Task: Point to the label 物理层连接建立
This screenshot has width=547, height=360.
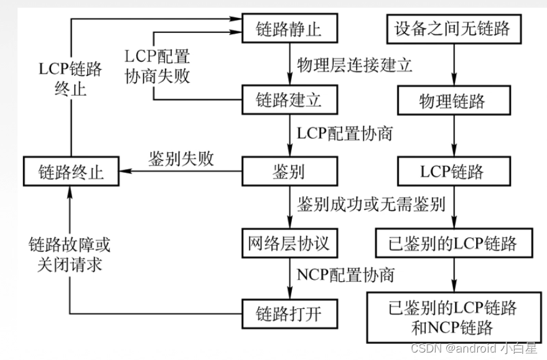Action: (x=355, y=65)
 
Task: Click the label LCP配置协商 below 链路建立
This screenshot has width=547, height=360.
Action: (x=345, y=134)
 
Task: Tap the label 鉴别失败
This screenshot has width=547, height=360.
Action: (x=181, y=159)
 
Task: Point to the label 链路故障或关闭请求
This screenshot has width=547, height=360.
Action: (x=69, y=256)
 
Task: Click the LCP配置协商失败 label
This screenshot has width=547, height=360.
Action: (x=157, y=67)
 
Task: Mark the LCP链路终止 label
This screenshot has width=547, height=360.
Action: (x=69, y=78)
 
